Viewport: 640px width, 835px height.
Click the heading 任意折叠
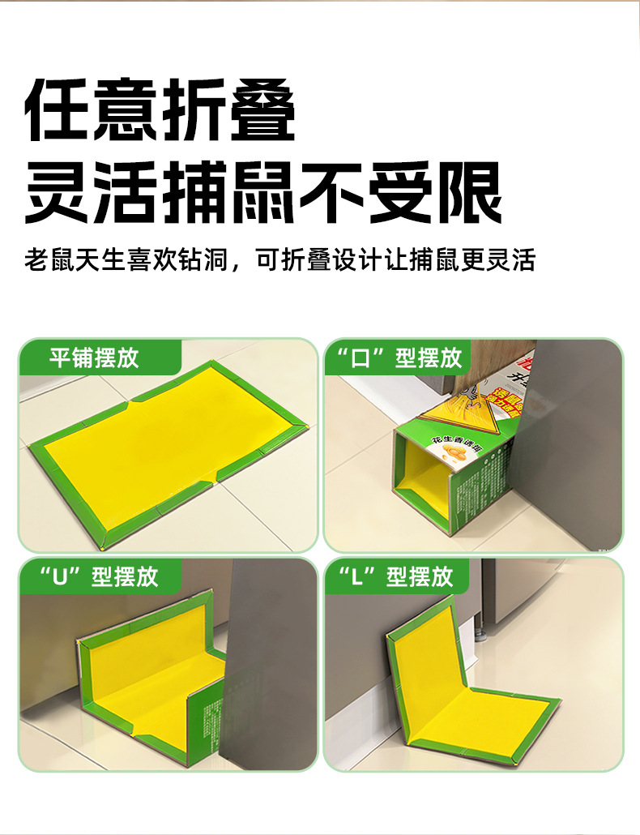(x=160, y=111)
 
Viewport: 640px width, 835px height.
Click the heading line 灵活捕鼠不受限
(x=263, y=195)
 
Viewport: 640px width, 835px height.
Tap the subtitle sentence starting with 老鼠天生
(x=279, y=260)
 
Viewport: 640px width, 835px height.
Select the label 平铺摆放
(x=94, y=358)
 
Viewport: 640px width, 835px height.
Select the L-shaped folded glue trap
(x=462, y=689)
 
